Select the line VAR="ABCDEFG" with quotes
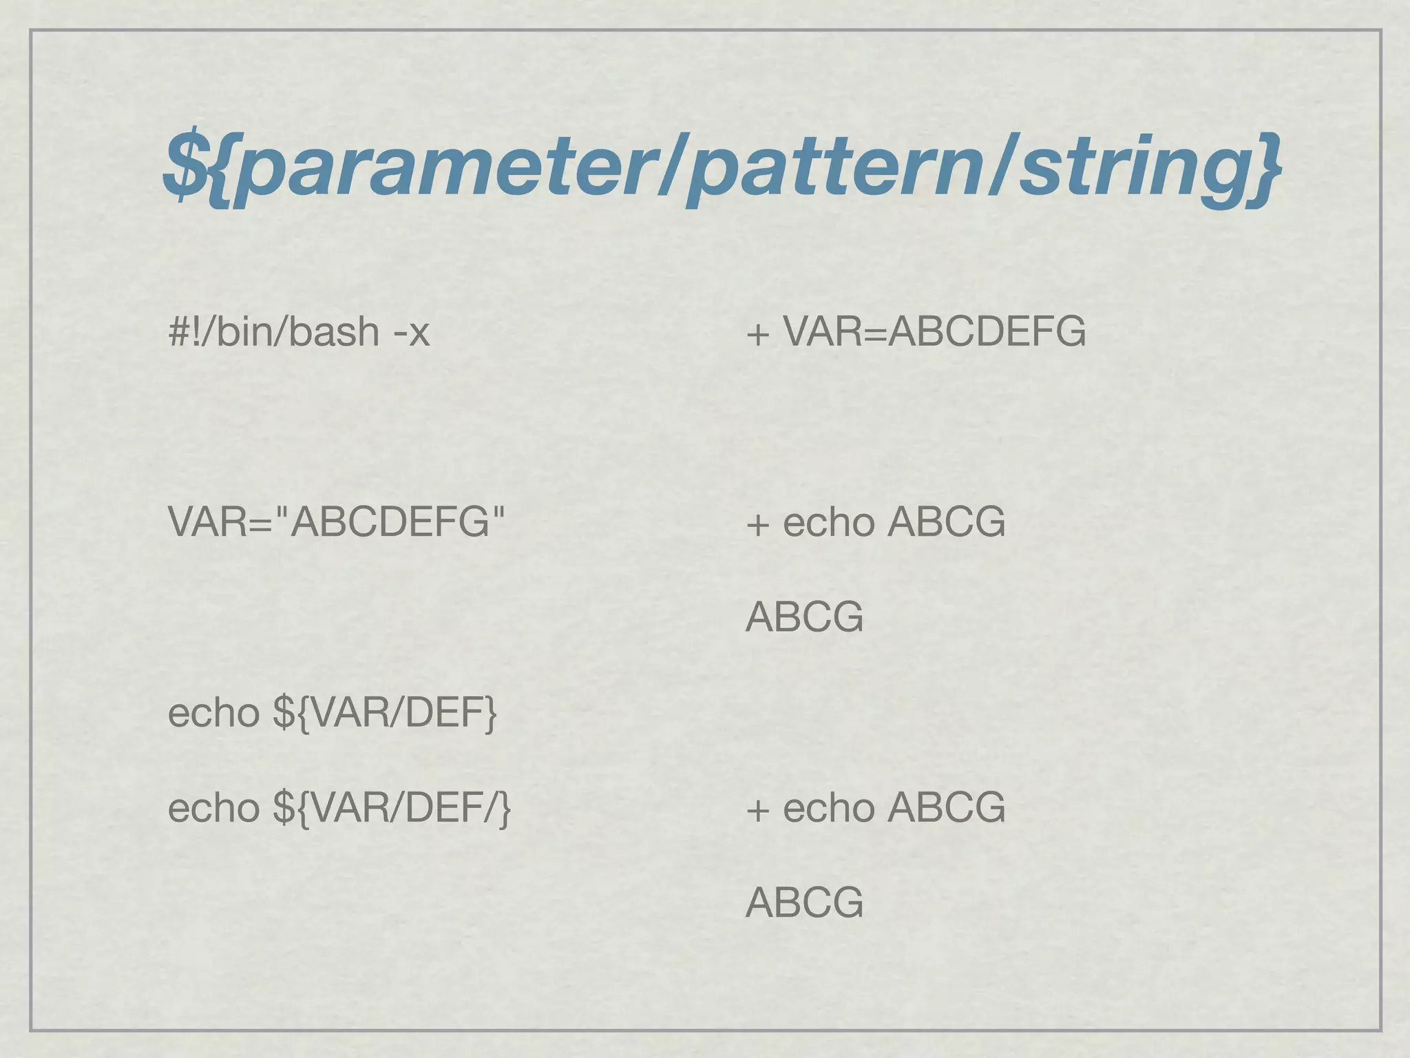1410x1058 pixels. point(336,521)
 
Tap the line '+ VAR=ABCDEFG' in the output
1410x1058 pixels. point(916,331)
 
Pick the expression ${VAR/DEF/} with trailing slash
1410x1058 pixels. point(392,807)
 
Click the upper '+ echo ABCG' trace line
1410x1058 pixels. point(875,521)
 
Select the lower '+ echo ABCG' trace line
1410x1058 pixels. point(875,807)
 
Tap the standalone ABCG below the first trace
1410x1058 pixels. point(804,616)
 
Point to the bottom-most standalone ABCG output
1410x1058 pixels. point(804,902)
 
